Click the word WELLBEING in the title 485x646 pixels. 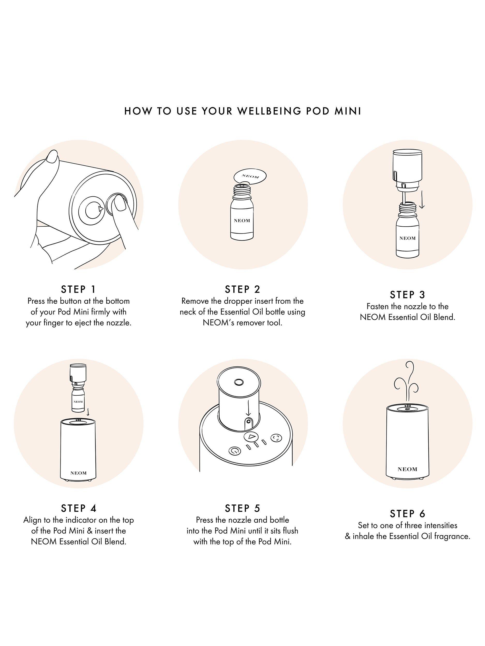(268, 111)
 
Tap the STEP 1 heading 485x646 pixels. (78, 289)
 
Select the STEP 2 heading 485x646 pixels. (242, 289)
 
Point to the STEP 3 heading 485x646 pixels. (407, 295)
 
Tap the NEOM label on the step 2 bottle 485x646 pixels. (242, 221)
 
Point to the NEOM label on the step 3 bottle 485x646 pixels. (407, 238)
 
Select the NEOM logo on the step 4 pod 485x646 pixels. (78, 473)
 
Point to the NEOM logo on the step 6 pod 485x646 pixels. (407, 469)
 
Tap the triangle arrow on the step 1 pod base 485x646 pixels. (101, 209)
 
